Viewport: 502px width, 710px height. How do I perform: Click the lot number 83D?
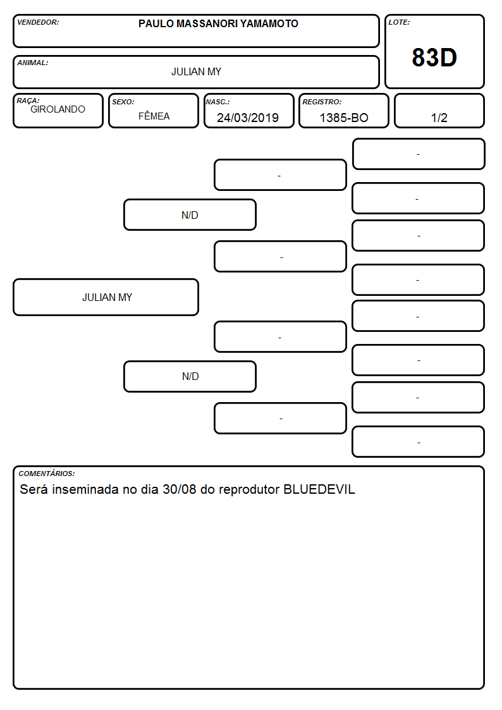point(434,58)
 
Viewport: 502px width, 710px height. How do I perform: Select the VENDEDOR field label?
point(38,22)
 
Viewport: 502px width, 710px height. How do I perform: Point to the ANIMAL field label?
point(33,63)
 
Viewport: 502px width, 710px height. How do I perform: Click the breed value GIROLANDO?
point(58,109)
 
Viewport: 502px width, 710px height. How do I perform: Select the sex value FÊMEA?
point(154,116)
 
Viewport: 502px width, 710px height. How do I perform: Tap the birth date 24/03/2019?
point(248,118)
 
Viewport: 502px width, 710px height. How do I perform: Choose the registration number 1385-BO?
point(343,118)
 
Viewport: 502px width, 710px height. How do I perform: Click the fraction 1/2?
point(439,118)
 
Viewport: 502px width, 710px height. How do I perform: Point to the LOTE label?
point(399,22)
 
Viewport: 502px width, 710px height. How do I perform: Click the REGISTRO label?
point(322,102)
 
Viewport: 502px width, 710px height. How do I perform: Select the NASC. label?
point(217,102)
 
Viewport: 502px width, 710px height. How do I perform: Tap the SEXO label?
point(123,102)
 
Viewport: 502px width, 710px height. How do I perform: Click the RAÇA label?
point(28,101)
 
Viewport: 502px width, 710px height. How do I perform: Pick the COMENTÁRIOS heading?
point(47,474)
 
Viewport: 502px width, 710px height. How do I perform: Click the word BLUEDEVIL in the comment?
point(319,489)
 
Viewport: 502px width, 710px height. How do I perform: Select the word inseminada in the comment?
point(85,489)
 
